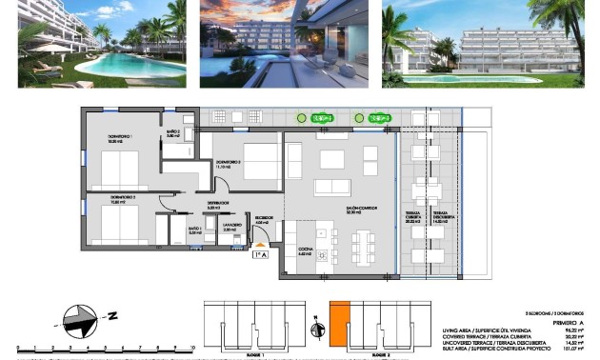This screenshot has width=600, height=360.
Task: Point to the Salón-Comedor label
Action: click(332, 212)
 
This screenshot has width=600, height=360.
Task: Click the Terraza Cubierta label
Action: click(414, 216)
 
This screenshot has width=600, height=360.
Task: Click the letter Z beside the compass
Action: click(112, 314)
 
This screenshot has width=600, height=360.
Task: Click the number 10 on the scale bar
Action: click(191, 349)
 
